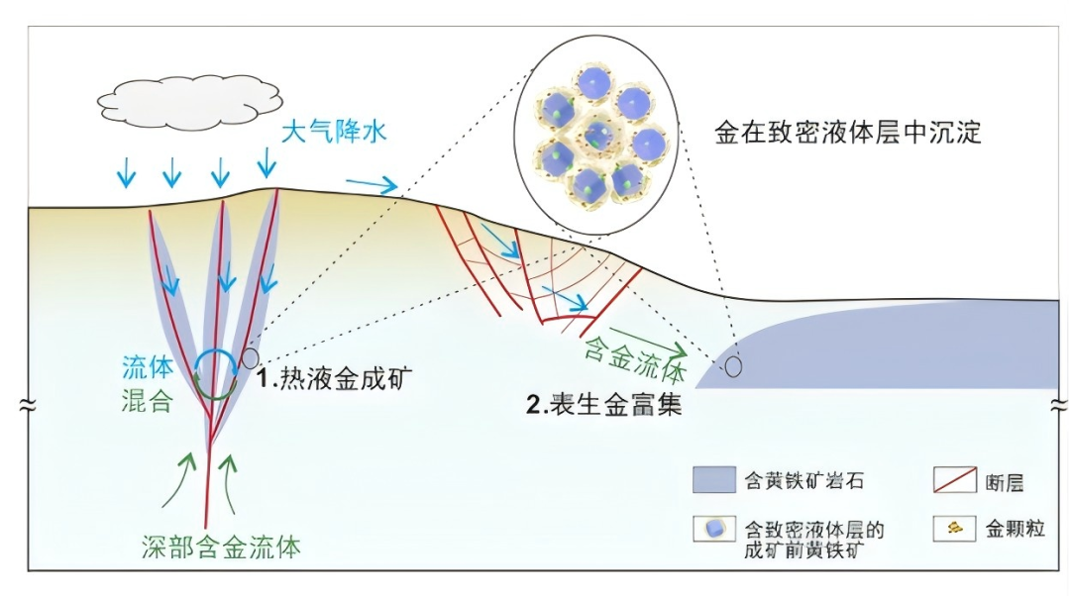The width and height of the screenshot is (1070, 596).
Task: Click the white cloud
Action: (187, 99)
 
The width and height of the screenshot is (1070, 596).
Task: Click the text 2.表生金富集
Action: (603, 404)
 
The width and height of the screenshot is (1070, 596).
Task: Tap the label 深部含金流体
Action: (220, 546)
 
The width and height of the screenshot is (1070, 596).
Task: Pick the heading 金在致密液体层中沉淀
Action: (847, 133)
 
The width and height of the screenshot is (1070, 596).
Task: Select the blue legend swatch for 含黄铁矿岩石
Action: (713, 481)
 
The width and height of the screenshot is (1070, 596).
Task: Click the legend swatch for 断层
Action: (955, 480)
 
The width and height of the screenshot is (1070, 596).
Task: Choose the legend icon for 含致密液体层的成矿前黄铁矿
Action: (713, 529)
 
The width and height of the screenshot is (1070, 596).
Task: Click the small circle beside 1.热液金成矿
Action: (251, 357)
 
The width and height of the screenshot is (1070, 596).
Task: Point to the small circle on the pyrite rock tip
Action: (732, 367)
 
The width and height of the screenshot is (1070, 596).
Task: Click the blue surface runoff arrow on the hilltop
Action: (372, 184)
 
